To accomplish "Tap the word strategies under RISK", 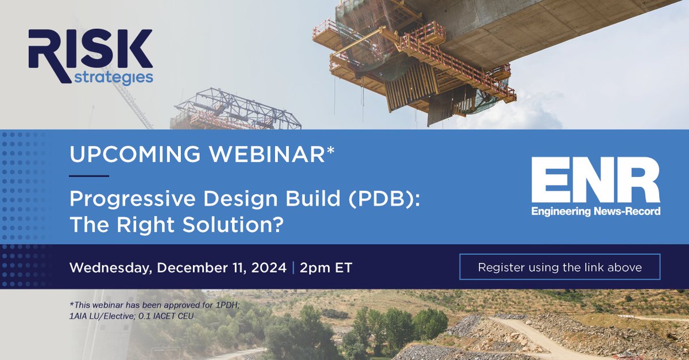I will (x=113, y=76).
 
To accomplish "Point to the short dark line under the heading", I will (x=88, y=176).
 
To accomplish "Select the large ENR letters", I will (x=595, y=180).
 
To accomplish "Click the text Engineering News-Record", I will (x=595, y=212).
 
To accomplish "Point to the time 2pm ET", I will (x=326, y=268).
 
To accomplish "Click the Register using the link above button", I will (x=559, y=267).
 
